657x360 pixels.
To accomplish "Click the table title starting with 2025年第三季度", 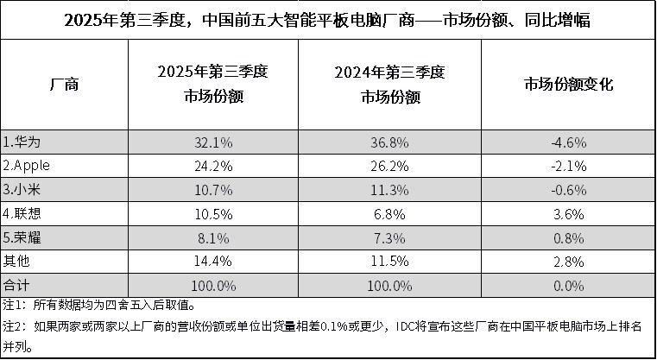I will coord(327,20).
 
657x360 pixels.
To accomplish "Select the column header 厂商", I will coord(65,85).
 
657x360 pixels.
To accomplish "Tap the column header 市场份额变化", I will coord(568,85).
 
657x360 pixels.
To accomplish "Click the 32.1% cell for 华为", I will coord(213,141).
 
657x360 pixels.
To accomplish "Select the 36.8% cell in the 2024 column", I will coord(390,141).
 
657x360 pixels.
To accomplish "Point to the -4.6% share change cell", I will coord(568,141).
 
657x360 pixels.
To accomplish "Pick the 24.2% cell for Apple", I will coord(213,165).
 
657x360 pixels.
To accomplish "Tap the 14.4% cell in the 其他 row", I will coord(213,260).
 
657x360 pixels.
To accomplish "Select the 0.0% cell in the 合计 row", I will coord(568,284).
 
